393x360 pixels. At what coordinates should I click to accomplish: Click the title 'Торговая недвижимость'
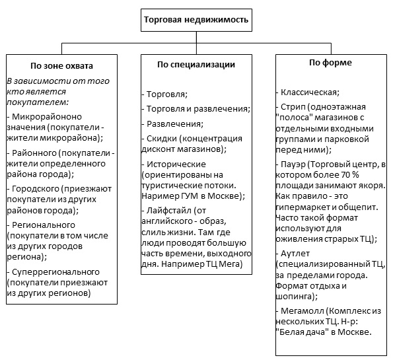(196, 20)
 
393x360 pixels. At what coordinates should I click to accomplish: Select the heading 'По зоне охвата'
(61, 65)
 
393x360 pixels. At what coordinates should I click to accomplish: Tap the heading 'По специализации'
(196, 65)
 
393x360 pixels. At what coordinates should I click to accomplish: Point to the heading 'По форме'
(330, 63)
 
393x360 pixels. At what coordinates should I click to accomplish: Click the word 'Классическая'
(310, 92)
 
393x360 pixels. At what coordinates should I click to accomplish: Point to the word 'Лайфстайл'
(169, 210)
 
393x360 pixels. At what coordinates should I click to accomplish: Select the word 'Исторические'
(176, 164)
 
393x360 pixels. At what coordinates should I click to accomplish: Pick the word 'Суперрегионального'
(55, 272)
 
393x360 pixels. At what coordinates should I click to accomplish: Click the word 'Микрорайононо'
(47, 117)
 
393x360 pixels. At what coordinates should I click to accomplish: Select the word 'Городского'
(36, 189)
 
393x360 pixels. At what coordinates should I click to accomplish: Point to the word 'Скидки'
(162, 139)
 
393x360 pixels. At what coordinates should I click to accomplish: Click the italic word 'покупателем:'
(38, 102)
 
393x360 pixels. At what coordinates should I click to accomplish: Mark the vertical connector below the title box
(196, 43)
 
